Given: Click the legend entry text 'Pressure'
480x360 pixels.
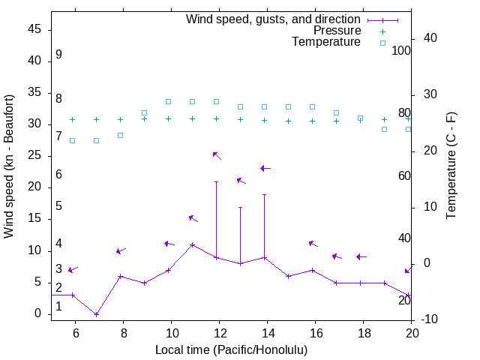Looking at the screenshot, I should tap(337, 31).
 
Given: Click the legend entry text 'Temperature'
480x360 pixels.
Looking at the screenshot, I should tap(326, 43).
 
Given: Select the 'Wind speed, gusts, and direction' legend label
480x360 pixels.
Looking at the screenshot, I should tap(274, 19).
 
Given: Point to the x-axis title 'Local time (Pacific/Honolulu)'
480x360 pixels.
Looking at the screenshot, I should tap(231, 350).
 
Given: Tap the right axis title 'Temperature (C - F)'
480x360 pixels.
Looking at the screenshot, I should tap(451, 166).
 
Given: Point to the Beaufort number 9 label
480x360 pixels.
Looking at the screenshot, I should tap(58, 55).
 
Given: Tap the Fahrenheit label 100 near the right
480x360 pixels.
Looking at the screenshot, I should tap(402, 50).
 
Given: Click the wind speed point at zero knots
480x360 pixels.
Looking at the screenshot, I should tap(96, 314).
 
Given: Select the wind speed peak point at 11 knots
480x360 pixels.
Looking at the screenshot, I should tap(193, 244).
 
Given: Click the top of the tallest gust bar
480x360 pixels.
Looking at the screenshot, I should tap(217, 181).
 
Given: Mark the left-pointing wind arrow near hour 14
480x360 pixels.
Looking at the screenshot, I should tap(265, 168).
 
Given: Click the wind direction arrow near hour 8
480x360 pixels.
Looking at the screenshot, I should tap(121, 250).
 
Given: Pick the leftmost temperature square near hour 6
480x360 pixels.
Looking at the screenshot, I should tap(72, 140).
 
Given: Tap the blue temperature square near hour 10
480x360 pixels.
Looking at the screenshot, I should tap(169, 101).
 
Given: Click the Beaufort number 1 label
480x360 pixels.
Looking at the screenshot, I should tap(58, 307).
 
